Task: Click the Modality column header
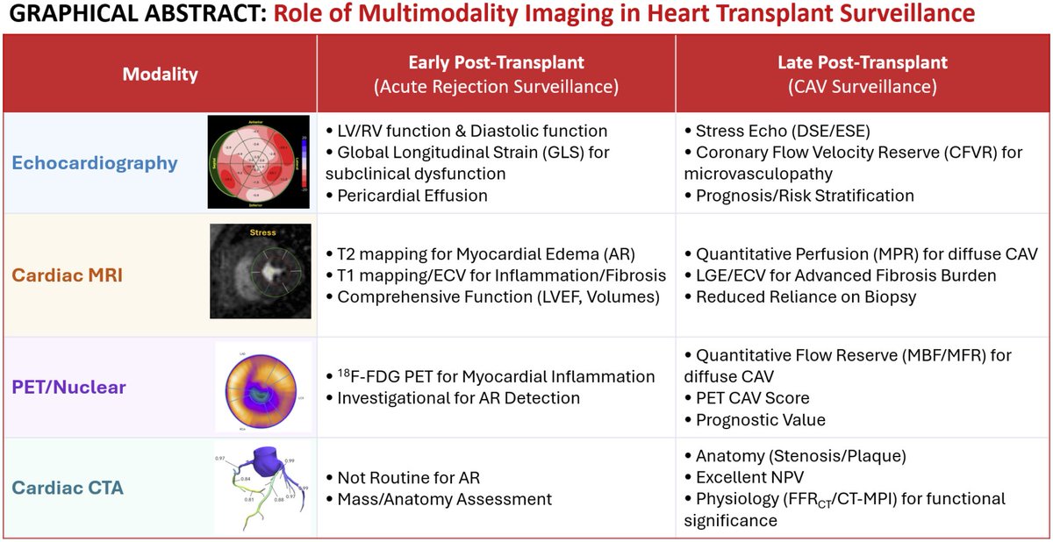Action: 160,75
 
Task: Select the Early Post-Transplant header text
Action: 496,62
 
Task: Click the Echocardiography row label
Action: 95,162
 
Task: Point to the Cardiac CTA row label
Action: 68,487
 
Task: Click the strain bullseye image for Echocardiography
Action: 258,161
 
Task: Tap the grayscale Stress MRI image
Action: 261,271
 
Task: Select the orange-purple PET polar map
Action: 263,385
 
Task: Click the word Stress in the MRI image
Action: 262,232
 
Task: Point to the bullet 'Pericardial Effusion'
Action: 412,196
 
